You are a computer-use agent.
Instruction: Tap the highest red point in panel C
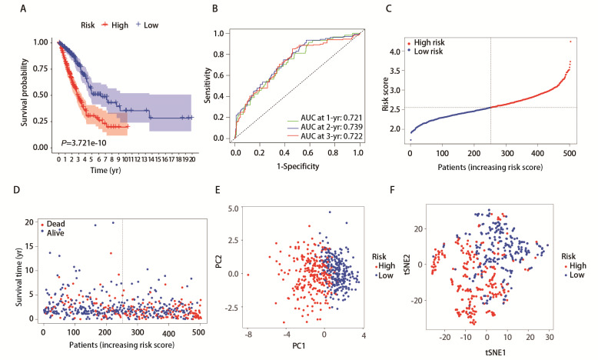click(570, 41)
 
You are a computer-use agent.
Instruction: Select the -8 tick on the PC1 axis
click(248, 336)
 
